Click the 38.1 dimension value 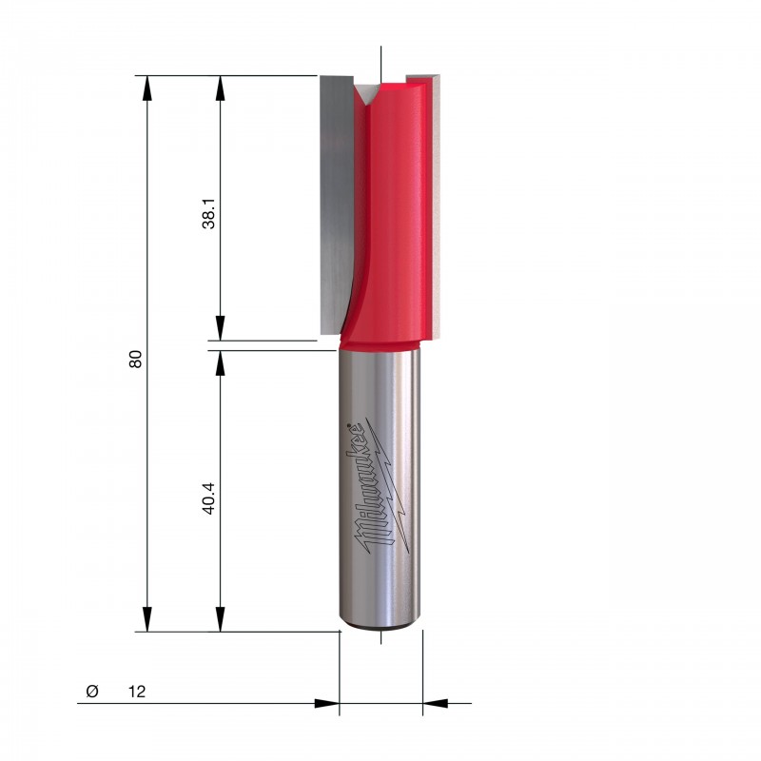[x=209, y=213]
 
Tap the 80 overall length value [x=135, y=359]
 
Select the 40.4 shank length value [x=209, y=498]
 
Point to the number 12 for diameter [x=137, y=692]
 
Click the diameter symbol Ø [x=91, y=691]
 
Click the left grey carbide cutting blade [x=337, y=205]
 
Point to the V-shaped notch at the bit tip [x=365, y=93]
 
